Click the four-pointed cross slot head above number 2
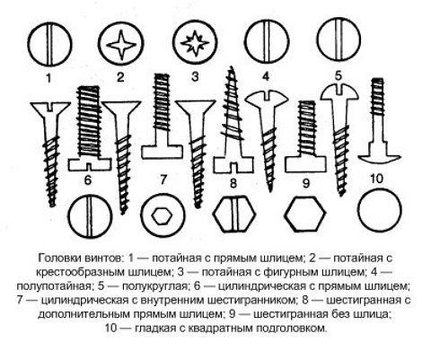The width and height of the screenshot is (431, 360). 121,44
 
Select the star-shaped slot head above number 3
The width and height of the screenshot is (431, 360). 195,43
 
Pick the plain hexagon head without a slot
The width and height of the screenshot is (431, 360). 304,214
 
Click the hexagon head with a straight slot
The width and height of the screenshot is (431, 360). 234,214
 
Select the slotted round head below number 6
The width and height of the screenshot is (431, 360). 90,216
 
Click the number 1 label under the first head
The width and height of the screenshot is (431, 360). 48,78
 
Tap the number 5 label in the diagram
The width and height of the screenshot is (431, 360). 339,76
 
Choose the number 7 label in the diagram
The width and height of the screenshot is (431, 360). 163,180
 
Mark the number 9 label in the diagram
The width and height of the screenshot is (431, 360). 305,183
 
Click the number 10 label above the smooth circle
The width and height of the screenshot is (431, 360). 376,179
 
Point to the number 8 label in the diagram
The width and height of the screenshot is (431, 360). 233,183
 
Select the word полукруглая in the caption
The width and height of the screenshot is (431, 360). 154,286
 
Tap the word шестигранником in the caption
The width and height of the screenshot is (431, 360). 250,300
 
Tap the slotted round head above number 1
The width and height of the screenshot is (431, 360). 49,44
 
